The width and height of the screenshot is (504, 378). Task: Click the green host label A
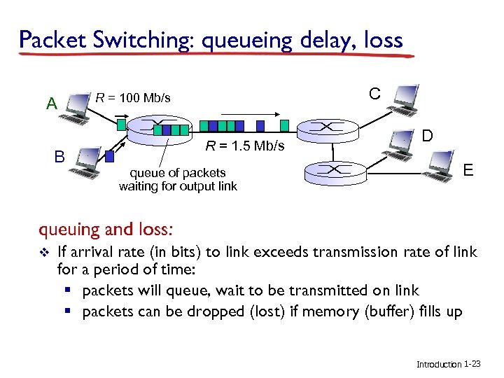pyautogui.click(x=50, y=104)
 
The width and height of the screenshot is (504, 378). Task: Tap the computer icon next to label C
pyautogui.click(x=405, y=100)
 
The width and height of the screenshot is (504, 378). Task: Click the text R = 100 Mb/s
pyautogui.click(x=133, y=97)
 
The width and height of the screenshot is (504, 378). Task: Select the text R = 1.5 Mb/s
pyautogui.click(x=244, y=146)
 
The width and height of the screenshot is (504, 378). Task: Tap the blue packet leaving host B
pyautogui.click(x=109, y=156)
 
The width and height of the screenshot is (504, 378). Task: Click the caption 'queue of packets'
pyautogui.click(x=178, y=172)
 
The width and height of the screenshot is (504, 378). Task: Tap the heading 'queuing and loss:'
pyautogui.click(x=106, y=229)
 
